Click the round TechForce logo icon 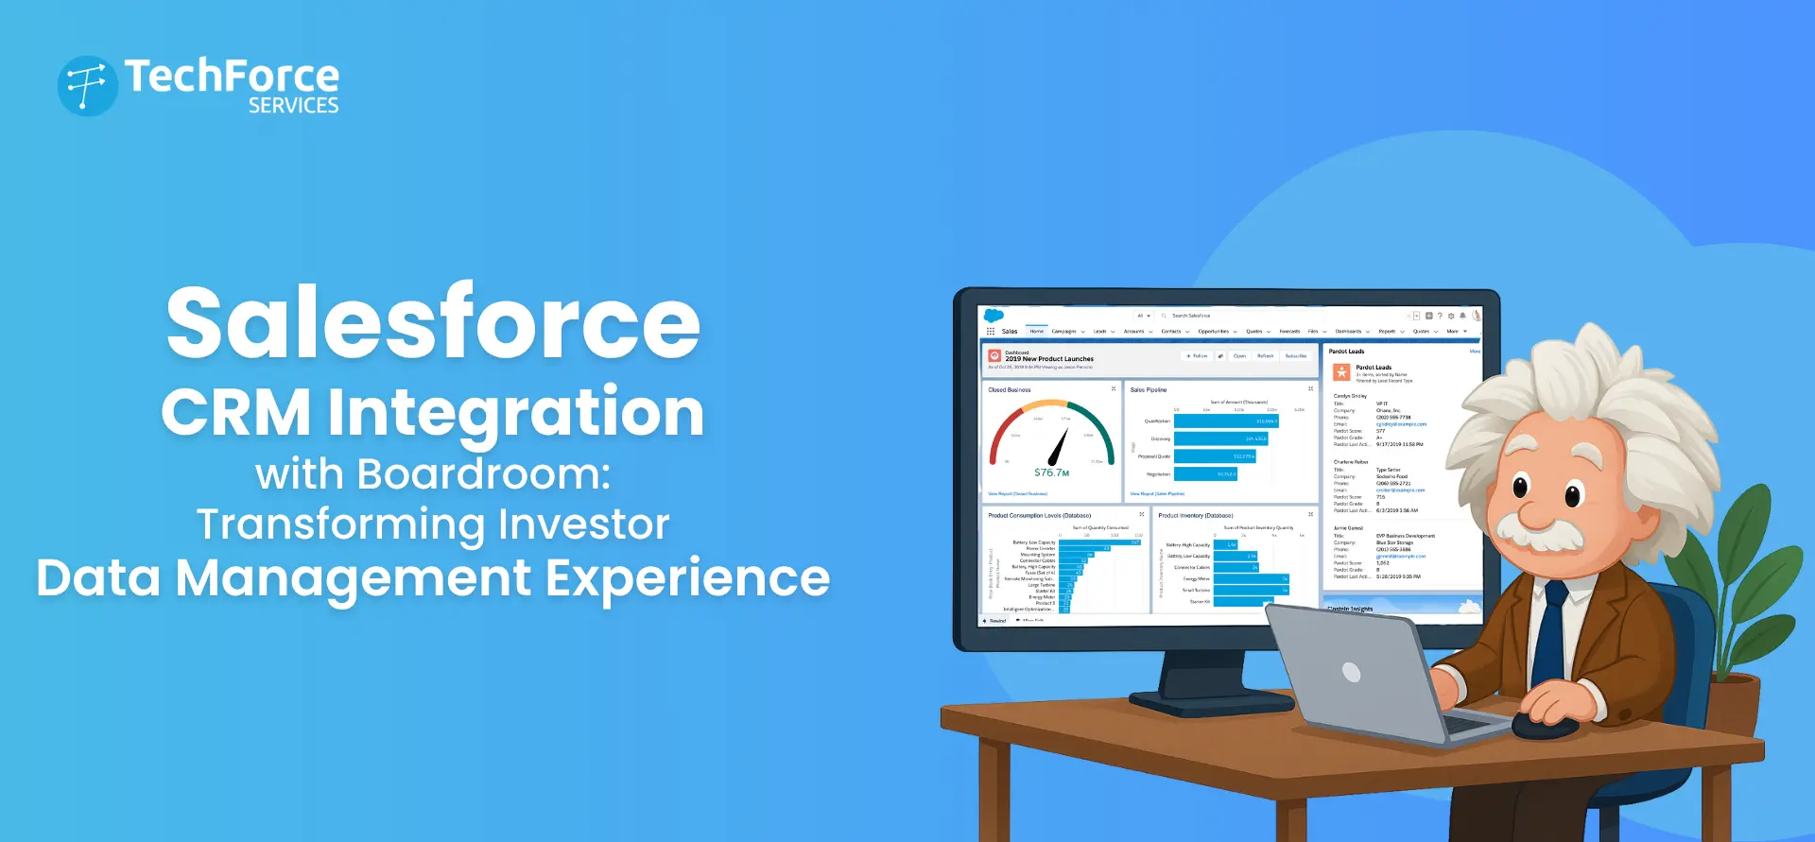[87, 86]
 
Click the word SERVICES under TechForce [293, 106]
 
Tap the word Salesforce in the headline [433, 323]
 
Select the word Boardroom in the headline [483, 473]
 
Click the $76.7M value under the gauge [1051, 473]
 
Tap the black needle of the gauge [1059, 447]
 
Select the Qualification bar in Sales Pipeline [1226, 421]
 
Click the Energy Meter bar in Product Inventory [1251, 579]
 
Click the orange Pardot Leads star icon [1341, 372]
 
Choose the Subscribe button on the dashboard [1295, 356]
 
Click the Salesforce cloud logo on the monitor [994, 316]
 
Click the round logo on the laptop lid [1351, 673]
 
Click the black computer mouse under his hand [1543, 727]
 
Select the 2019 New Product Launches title [1049, 359]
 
